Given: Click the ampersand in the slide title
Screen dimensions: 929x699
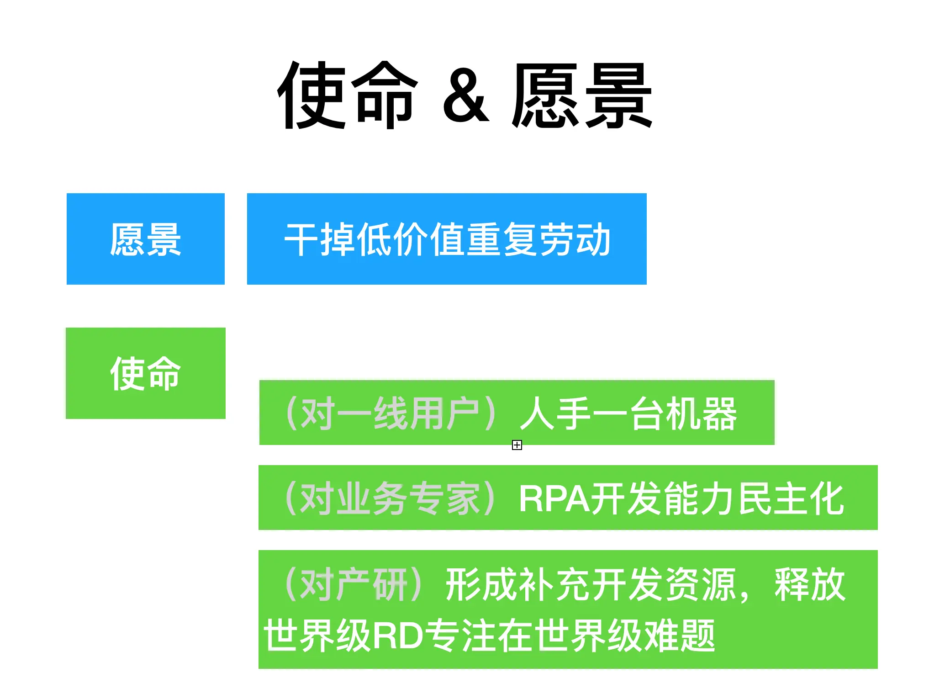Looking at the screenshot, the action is (465, 96).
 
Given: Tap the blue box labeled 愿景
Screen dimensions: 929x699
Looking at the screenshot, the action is (145, 239).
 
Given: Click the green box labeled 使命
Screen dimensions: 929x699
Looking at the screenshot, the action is (145, 373).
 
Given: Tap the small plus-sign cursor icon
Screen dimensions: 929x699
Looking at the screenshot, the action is (517, 445).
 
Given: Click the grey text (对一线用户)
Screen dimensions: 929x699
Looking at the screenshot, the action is (391, 414).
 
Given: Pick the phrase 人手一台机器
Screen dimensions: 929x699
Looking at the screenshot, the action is (628, 414).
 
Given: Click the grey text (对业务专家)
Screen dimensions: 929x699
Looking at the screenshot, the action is (391, 498).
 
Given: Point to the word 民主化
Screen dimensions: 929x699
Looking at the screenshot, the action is (791, 498).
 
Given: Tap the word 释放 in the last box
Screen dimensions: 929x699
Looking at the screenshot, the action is (810, 584).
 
